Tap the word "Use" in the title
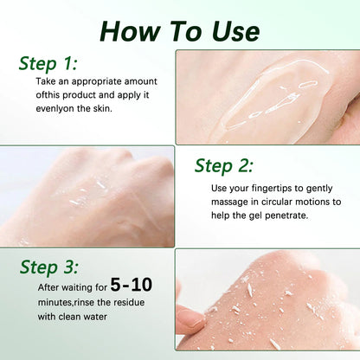[x=235, y=31]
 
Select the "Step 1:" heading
[x=48, y=64]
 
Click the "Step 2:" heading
[x=224, y=166]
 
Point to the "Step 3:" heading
[x=49, y=267]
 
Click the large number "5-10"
[x=132, y=285]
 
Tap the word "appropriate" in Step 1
[x=97, y=82]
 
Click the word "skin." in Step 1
[x=102, y=108]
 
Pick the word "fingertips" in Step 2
[x=272, y=189]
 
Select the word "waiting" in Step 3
[x=74, y=288]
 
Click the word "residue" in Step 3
[x=129, y=302]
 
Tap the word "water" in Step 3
[x=95, y=317]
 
